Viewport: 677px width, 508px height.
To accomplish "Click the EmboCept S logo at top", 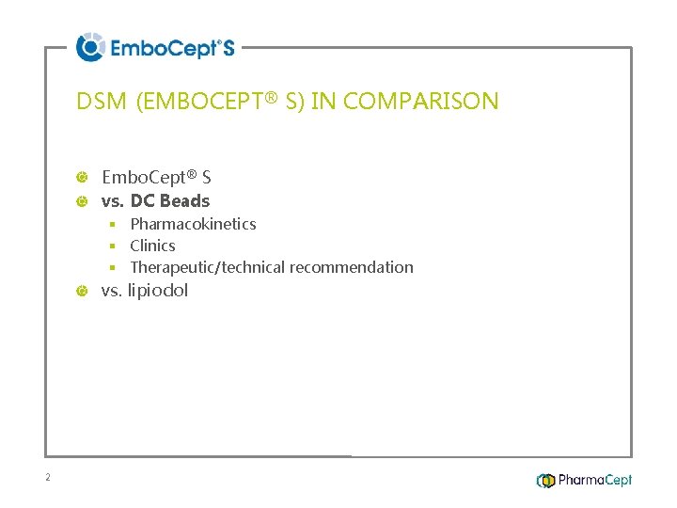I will (x=156, y=47).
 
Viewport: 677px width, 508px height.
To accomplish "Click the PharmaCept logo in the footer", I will (x=584, y=481).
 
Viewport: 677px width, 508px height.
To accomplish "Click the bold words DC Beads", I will (x=170, y=200).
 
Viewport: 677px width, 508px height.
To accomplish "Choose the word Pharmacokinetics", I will (x=193, y=224).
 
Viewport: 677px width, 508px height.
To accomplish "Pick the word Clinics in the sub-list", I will (x=152, y=246).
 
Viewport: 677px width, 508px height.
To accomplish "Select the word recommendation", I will (x=352, y=267).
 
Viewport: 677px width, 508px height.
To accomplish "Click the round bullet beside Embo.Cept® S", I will (x=83, y=178).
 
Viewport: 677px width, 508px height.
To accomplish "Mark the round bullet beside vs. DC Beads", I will (x=83, y=201).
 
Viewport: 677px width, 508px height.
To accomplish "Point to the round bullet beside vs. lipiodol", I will (x=83, y=292).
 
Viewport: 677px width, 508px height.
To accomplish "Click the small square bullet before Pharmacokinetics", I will (x=111, y=224).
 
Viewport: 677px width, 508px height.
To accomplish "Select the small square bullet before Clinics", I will (x=111, y=246).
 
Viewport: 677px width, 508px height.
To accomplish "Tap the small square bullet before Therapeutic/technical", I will (x=111, y=267).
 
